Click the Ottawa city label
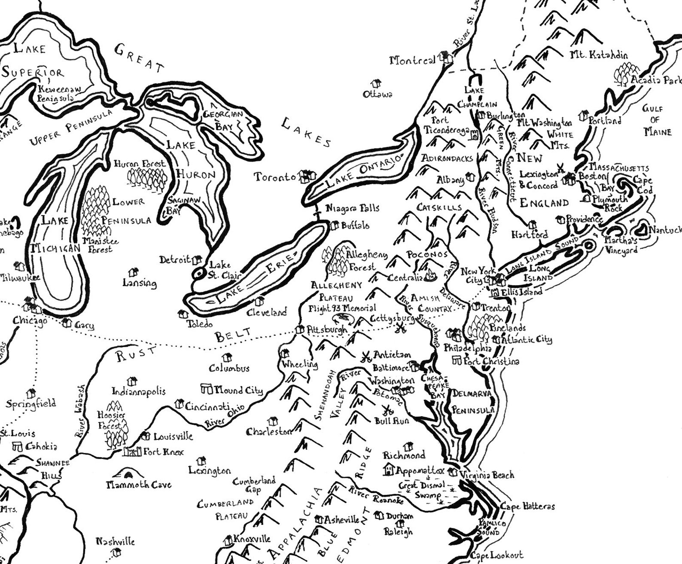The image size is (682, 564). pos(377,94)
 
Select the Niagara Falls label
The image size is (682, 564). pos(353,208)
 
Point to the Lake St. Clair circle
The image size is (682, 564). pos(198,274)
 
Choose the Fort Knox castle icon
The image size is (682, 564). pos(133,452)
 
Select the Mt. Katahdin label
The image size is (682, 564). pos(599,55)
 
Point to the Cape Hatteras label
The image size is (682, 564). pos(527,507)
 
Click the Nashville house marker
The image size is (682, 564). pos(115,552)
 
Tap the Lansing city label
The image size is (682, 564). pos(140,283)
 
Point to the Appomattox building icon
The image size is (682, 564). pos(389,470)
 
